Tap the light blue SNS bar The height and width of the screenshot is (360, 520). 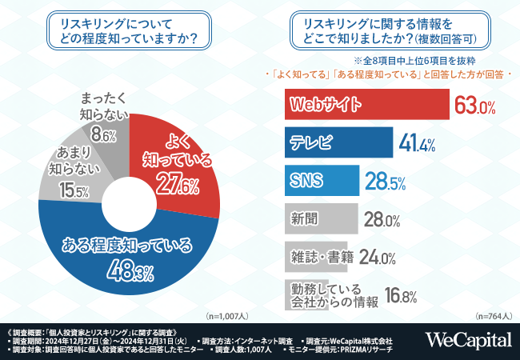click(x=321, y=180)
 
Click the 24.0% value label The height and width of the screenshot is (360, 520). click(x=378, y=258)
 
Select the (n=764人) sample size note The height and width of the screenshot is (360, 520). click(x=494, y=317)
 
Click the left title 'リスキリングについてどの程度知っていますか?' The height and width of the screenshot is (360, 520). click(x=129, y=30)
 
